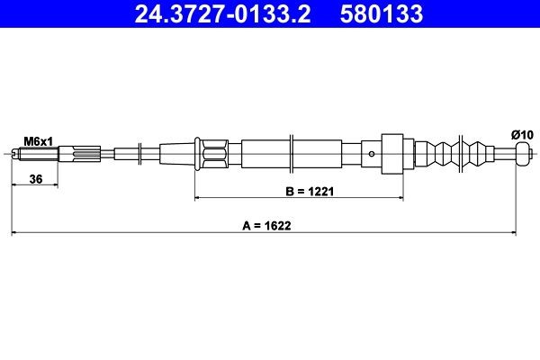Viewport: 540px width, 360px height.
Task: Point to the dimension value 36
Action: pos(36,179)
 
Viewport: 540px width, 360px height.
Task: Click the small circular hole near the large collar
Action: pos(372,154)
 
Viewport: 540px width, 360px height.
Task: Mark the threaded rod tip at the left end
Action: pos(16,154)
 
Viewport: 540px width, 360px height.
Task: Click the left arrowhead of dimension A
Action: pos(14,234)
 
